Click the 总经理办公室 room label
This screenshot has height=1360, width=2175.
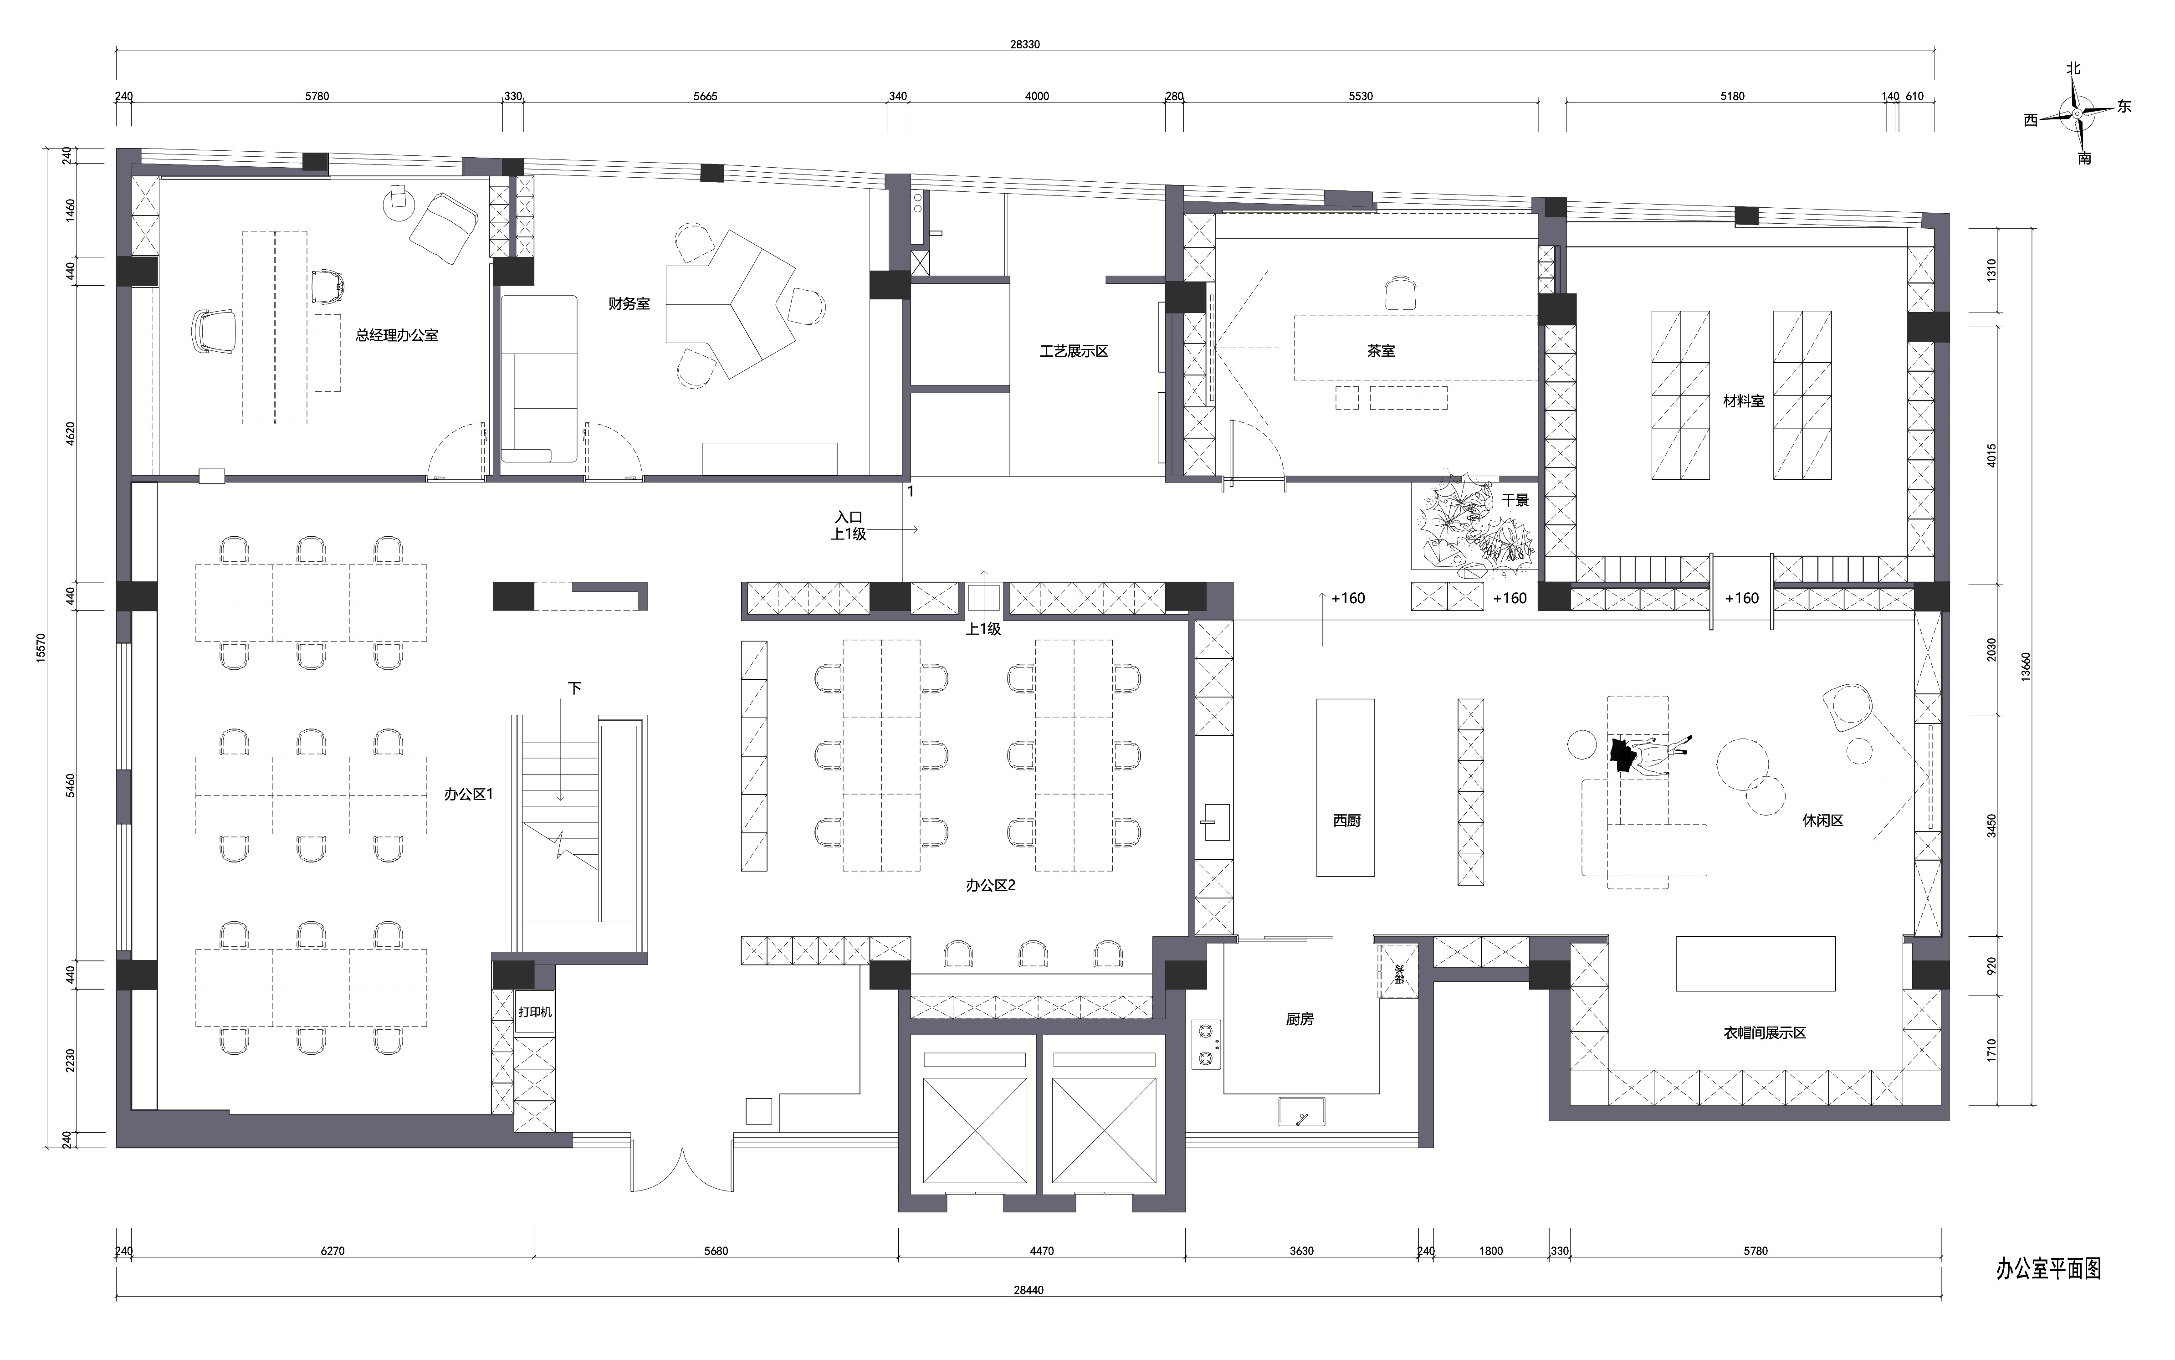tap(397, 335)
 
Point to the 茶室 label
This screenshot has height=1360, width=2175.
tap(1381, 351)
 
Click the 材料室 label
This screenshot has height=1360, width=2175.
tap(1744, 401)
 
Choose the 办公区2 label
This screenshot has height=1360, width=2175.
tap(991, 885)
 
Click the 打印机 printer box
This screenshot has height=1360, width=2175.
tap(534, 1012)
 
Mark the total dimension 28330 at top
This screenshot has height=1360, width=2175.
tap(1025, 44)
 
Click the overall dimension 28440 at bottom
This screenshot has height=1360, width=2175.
tap(1029, 1290)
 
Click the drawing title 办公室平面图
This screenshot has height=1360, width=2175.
tap(2048, 1269)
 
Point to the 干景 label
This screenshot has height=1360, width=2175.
tap(1515, 500)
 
